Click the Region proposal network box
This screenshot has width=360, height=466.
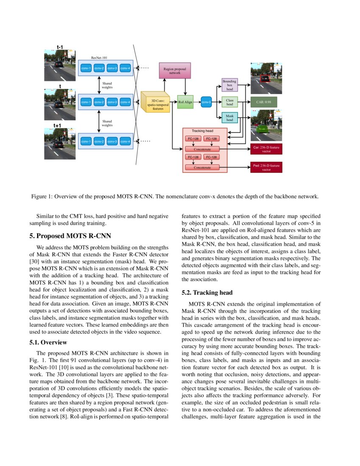coord(175,70)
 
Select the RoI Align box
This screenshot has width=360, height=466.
coord(185,102)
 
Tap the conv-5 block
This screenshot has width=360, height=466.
coord(206,102)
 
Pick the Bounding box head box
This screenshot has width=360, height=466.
coord(230,85)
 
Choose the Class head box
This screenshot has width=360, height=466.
coord(230,102)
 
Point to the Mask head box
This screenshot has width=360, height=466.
coord(230,118)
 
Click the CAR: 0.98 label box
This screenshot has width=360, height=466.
coord(263,102)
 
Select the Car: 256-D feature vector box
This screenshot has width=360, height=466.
coord(266,149)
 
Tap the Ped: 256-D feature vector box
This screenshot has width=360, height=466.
coord(266,167)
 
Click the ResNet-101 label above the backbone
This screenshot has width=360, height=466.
coord(100,57)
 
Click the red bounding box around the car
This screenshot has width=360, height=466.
coord(264,79)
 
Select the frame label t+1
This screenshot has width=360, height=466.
coord(57,125)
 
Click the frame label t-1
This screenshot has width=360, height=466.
coord(60,47)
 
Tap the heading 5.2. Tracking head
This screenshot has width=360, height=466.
coord(207,292)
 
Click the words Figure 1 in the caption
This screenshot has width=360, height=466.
coord(42,197)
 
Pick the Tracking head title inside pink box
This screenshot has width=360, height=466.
coord(202,131)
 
